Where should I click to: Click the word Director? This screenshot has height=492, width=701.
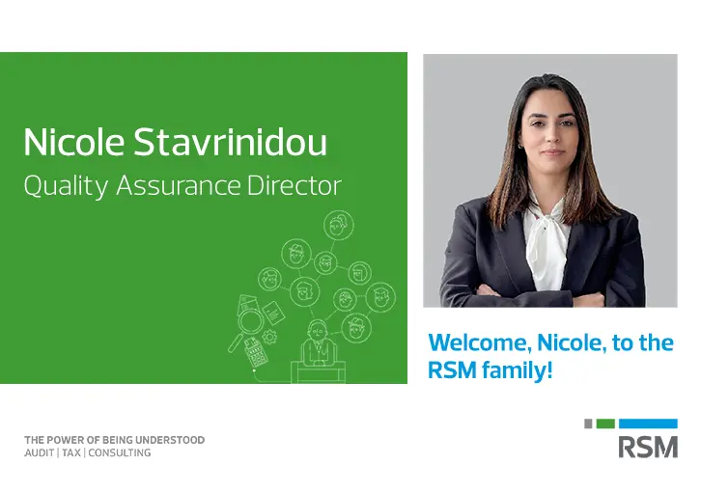pyautogui.click(x=294, y=186)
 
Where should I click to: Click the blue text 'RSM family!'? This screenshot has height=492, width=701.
pyautogui.click(x=490, y=369)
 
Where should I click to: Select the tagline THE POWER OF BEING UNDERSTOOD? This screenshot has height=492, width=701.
pyautogui.click(x=114, y=440)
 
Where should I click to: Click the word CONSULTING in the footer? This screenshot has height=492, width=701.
pyautogui.click(x=121, y=452)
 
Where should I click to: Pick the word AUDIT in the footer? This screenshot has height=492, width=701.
pyautogui.click(x=40, y=452)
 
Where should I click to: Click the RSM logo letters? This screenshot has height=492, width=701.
pyautogui.click(x=648, y=447)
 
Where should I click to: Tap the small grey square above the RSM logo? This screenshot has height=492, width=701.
pyautogui.click(x=589, y=424)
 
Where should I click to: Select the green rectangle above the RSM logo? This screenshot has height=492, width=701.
pyautogui.click(x=605, y=424)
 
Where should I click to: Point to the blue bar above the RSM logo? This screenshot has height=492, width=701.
pyautogui.click(x=647, y=424)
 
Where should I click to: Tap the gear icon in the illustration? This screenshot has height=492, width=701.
pyautogui.click(x=269, y=337)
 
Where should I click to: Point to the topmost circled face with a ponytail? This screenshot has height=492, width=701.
pyautogui.click(x=337, y=226)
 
